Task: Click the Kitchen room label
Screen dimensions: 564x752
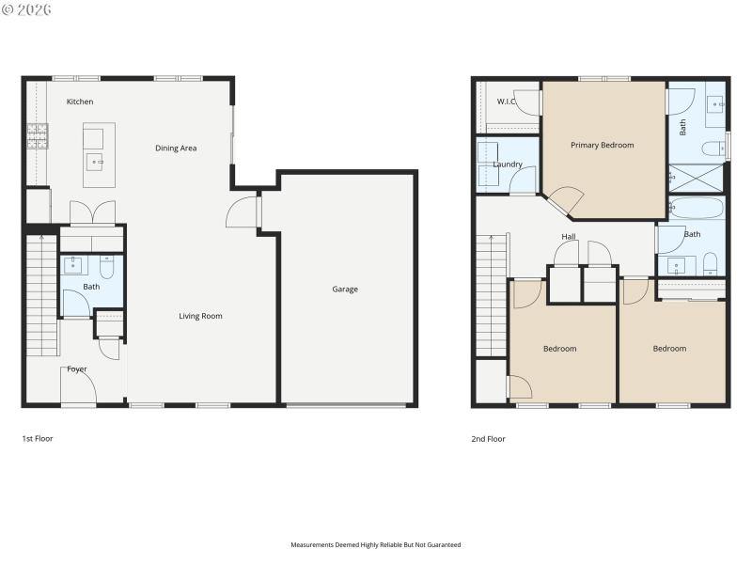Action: pyautogui.click(x=80, y=102)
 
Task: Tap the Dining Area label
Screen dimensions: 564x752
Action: pyautogui.click(x=176, y=149)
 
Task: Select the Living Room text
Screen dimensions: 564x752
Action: pyautogui.click(x=200, y=316)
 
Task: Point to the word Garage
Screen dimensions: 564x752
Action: pyautogui.click(x=345, y=290)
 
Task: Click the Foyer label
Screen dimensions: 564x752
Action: pyautogui.click(x=77, y=369)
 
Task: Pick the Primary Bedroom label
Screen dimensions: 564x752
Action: pyautogui.click(x=603, y=146)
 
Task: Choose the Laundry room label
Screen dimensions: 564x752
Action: pyautogui.click(x=508, y=165)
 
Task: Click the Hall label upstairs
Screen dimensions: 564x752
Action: pyautogui.click(x=569, y=237)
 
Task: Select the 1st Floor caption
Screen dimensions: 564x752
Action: pyautogui.click(x=38, y=438)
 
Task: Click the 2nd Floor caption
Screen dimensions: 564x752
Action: pyautogui.click(x=489, y=438)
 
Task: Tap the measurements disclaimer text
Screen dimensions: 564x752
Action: pyautogui.click(x=376, y=544)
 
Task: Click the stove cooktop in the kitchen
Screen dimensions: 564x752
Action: pyautogui.click(x=38, y=137)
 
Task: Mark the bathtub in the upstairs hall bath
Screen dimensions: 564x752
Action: pyautogui.click(x=697, y=208)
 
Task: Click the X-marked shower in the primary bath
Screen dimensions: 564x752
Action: pyautogui.click(x=696, y=178)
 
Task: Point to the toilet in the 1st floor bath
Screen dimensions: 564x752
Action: pyautogui.click(x=106, y=268)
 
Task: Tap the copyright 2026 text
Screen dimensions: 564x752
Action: pyautogui.click(x=28, y=9)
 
